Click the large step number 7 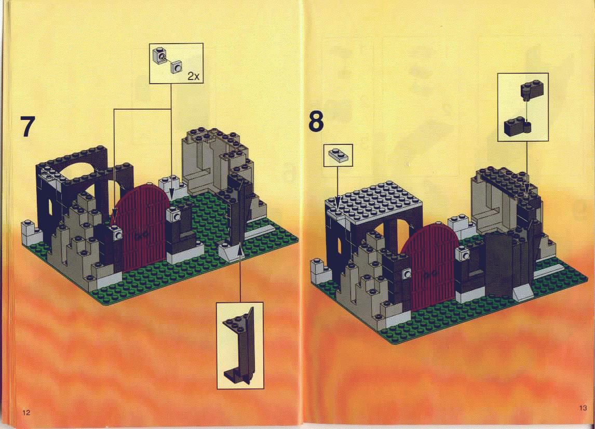28,126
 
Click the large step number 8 316,121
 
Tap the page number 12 26,413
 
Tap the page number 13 583,408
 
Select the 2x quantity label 194,76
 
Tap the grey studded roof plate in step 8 374,200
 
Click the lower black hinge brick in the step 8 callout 517,126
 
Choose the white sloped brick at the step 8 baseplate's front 524,293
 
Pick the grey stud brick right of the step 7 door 176,217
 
